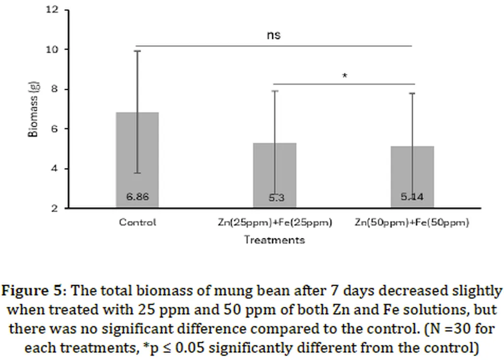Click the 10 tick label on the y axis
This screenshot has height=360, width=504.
point(52,50)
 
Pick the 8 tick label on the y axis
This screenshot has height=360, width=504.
point(54,90)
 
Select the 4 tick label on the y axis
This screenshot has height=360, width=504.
point(54,169)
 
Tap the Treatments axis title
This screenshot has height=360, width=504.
point(274,240)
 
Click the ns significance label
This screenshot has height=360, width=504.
point(274,35)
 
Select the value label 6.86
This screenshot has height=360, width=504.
point(137,197)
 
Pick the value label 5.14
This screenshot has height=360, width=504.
point(412,197)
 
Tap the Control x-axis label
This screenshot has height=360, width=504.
point(137,222)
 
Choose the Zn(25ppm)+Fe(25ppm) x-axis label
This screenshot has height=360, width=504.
point(275,223)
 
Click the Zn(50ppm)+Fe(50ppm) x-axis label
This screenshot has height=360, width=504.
point(412,223)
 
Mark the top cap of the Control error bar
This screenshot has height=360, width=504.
point(137,51)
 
